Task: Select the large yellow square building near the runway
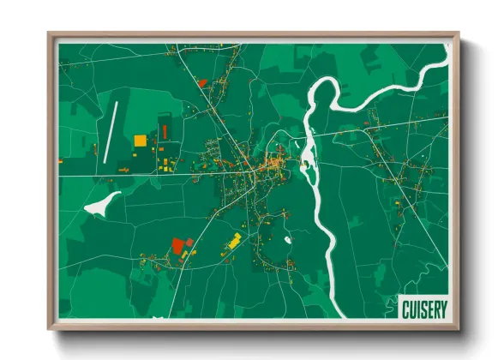click(x=140, y=140)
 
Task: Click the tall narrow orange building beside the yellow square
click(x=163, y=131)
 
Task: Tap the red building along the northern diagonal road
click(x=202, y=82)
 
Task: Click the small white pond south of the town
click(x=288, y=240)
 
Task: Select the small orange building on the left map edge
click(x=59, y=160)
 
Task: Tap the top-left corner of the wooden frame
click(x=48, y=33)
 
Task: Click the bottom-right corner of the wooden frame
click(x=459, y=330)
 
